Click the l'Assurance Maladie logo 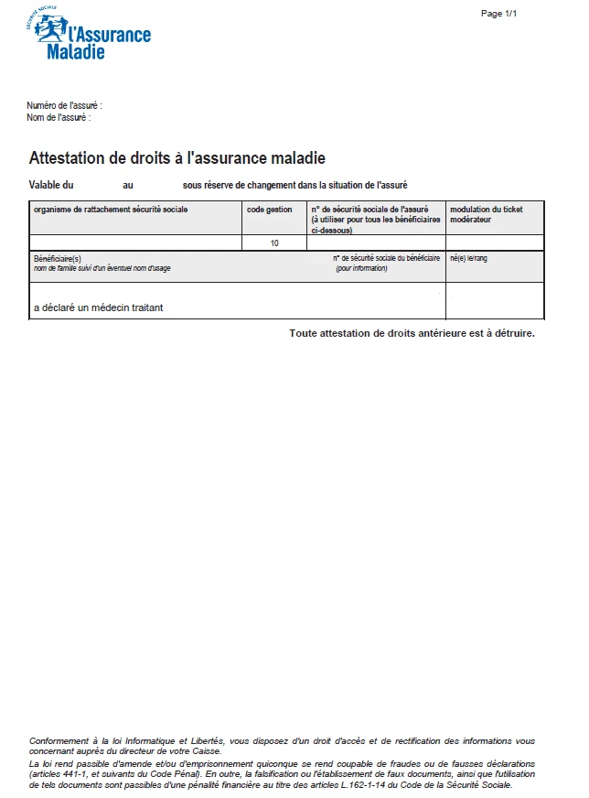point(89,35)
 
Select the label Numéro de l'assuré point(63,106)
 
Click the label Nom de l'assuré point(59,117)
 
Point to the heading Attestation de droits point(177,158)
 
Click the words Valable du point(51,185)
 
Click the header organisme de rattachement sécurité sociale point(111,210)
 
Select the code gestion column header point(270,210)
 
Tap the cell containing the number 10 point(274,243)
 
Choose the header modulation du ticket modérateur point(487,215)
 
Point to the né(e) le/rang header point(469,259)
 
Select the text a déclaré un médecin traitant point(99,307)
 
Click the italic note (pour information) point(361,268)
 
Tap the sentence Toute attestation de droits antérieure point(412,333)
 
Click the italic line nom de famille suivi point(102,268)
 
